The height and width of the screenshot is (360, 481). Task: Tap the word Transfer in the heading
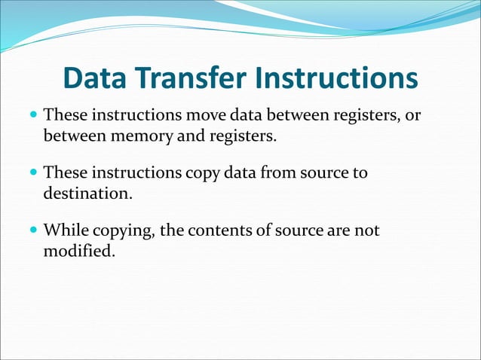[193, 79]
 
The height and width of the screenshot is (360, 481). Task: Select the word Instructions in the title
[336, 79]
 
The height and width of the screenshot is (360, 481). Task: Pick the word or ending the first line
[412, 117]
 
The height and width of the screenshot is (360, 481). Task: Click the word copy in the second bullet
[202, 173]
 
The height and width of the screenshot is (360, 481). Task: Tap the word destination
[87, 194]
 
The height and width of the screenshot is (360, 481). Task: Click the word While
[66, 230]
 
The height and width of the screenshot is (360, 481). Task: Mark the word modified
[79, 250]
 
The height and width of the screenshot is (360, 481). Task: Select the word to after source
[360, 173]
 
